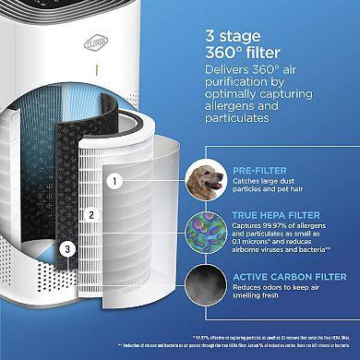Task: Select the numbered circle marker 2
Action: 90,215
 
